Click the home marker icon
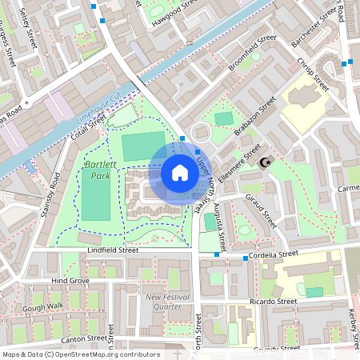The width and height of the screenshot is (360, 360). [179, 172]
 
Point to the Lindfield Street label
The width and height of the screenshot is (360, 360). [112, 250]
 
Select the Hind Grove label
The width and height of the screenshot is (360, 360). [70, 282]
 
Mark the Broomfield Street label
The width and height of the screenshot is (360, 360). [251, 53]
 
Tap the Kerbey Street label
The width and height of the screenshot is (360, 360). [353, 325]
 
